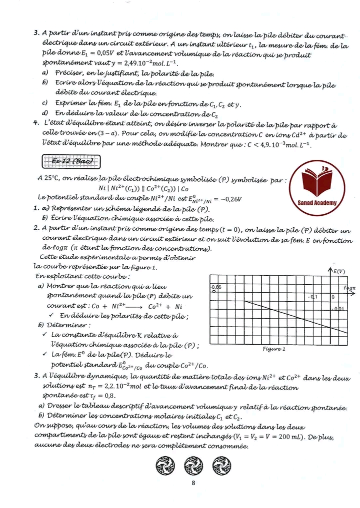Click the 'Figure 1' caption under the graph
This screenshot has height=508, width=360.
click(273, 349)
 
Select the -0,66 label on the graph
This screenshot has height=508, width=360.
click(216, 287)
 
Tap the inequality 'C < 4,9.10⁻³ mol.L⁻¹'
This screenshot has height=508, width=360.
click(272, 145)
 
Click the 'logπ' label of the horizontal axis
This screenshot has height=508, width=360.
click(349, 288)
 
